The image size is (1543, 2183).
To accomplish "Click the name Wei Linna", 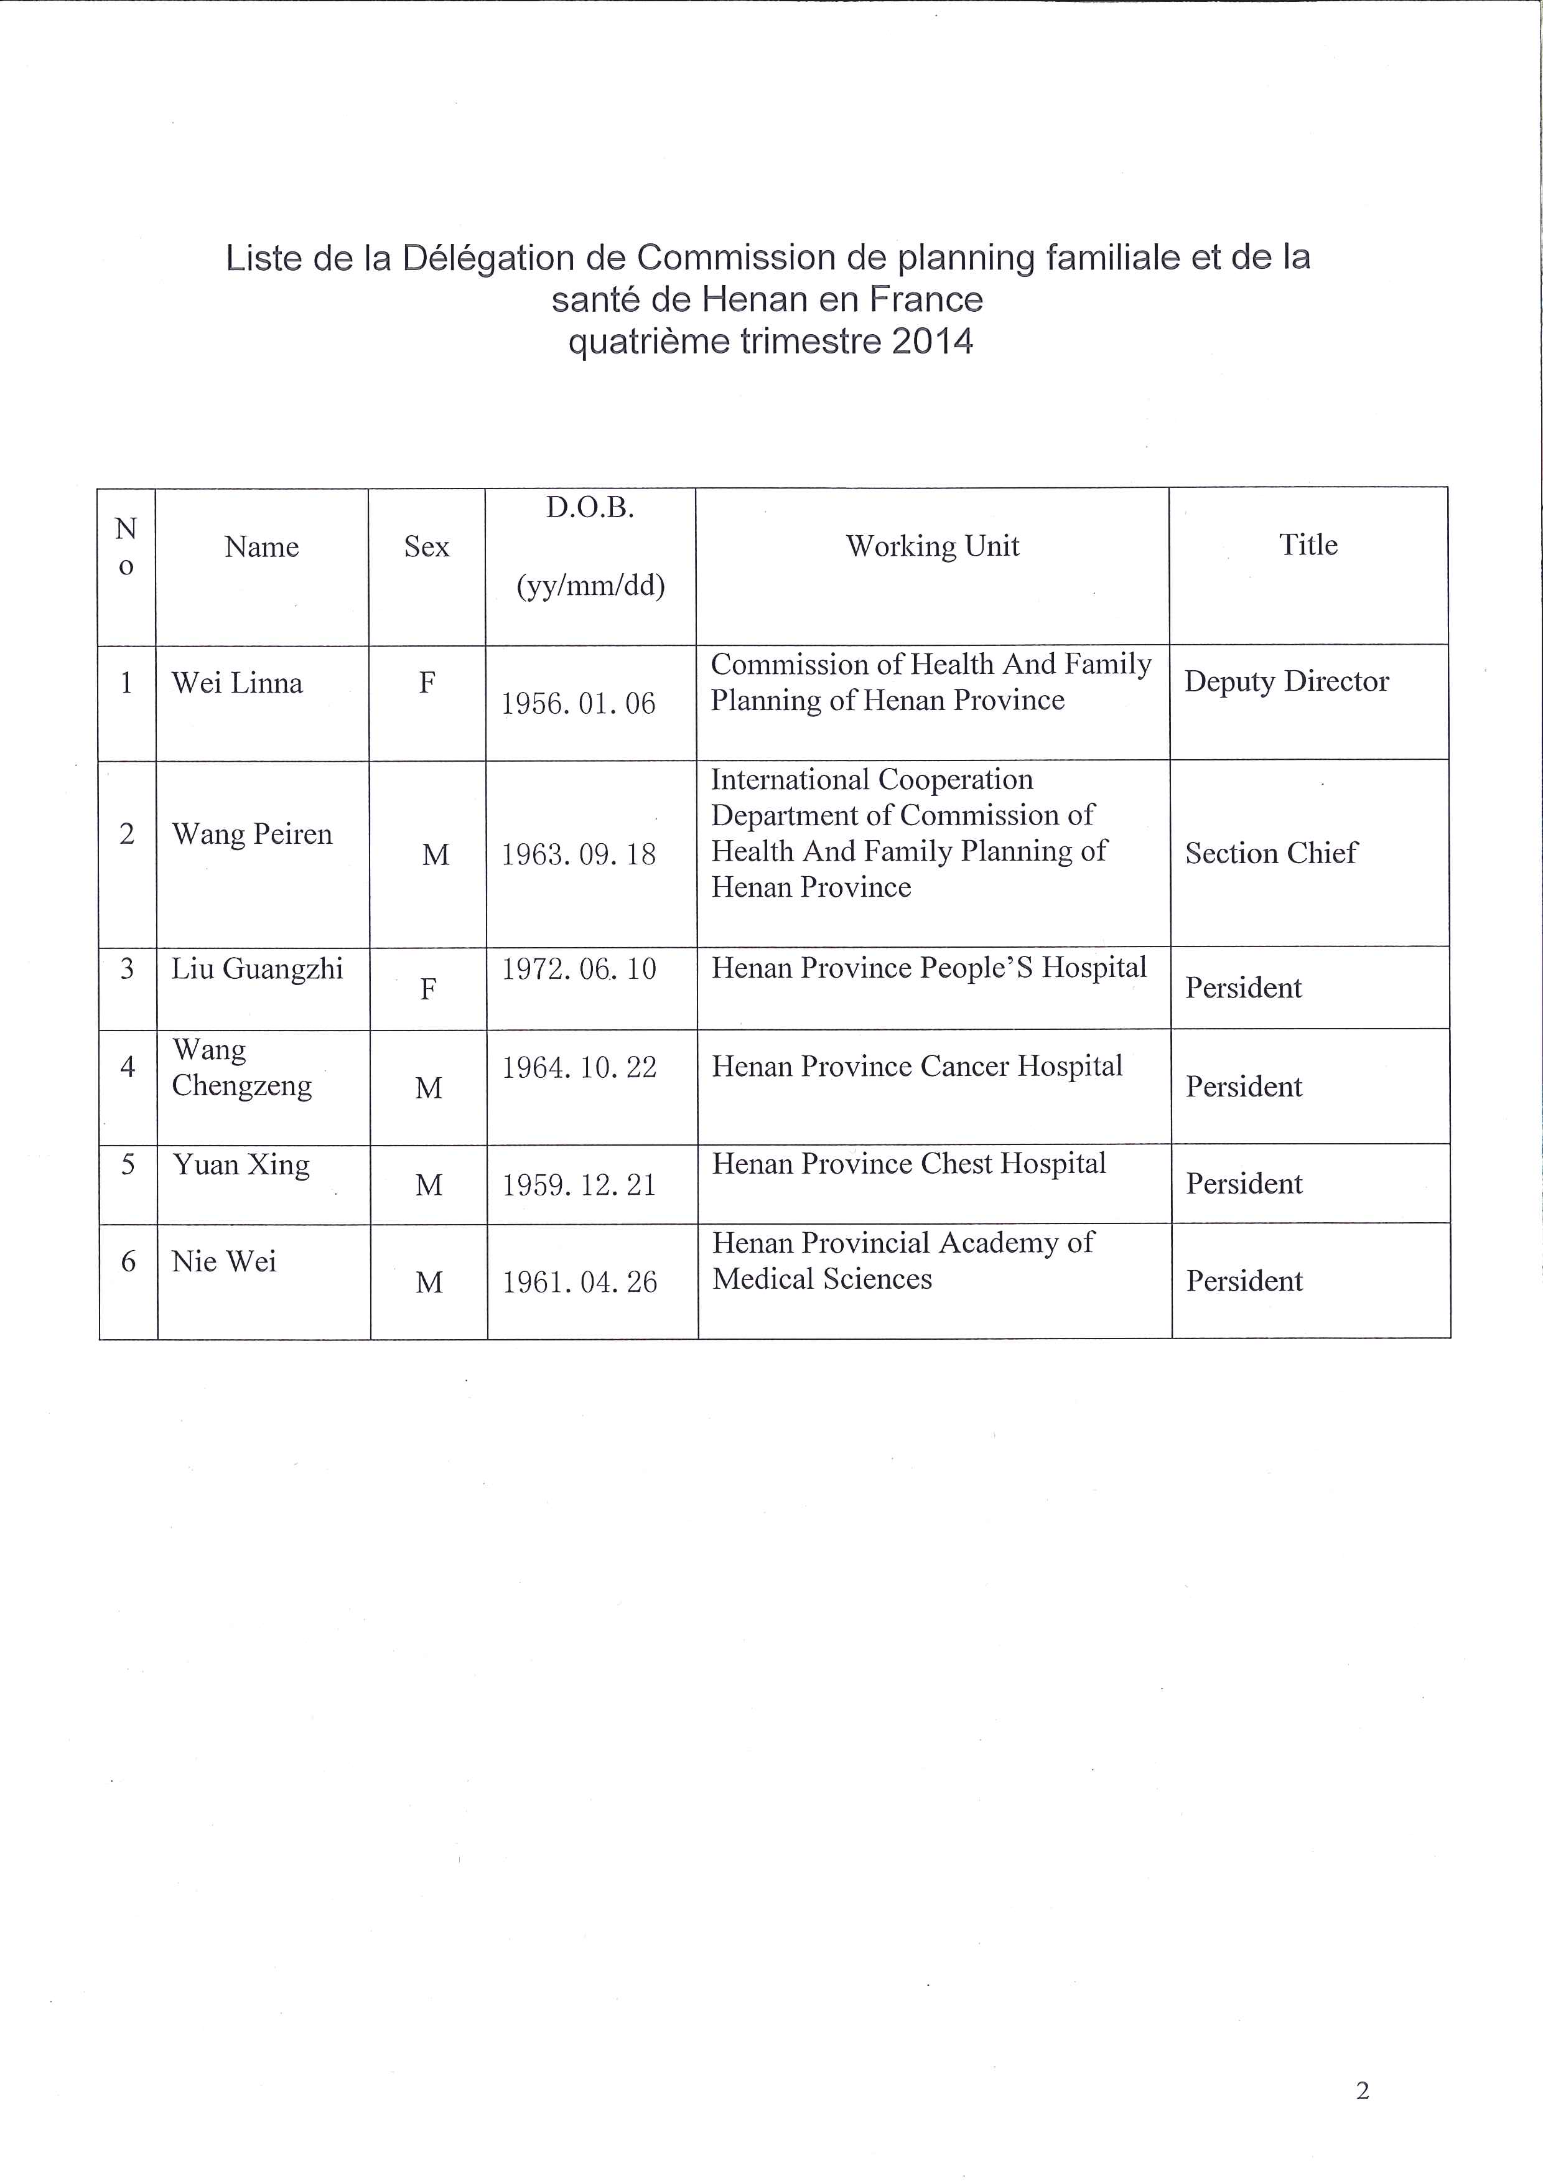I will (236, 683).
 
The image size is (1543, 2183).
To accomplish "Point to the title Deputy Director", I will (1286, 681).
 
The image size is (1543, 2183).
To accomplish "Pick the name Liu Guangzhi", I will (257, 970).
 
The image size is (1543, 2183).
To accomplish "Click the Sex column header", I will (426, 547).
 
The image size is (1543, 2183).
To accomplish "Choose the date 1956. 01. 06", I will (578, 704).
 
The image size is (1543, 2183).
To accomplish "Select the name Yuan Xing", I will (241, 1166).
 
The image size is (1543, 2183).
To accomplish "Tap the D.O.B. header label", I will (589, 508).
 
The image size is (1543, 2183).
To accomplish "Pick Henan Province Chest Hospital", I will (909, 1164).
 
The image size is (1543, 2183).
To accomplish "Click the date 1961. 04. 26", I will (579, 1283).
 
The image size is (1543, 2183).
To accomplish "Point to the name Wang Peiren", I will (252, 834).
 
